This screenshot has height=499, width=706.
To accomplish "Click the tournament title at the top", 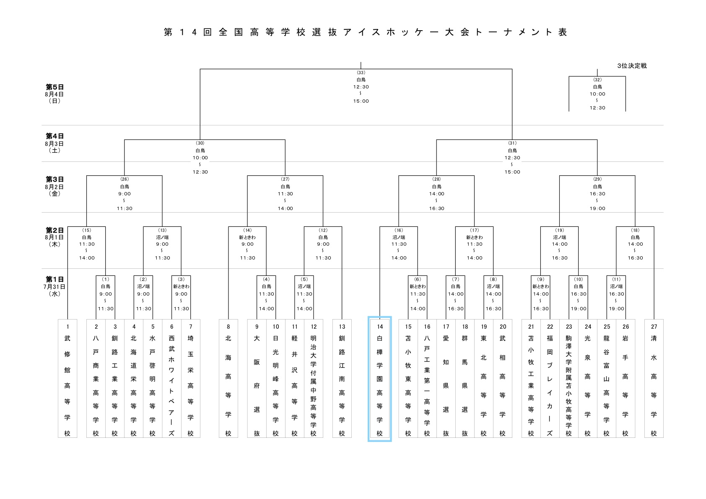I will pyautogui.click(x=365, y=33).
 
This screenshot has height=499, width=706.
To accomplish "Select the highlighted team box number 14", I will pyautogui.click(x=380, y=379).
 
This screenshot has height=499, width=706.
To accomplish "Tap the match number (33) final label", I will pyautogui.click(x=361, y=73).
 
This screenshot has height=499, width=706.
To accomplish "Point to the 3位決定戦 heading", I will pyautogui.click(x=631, y=66).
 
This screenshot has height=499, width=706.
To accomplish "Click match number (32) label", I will pyautogui.click(x=597, y=80).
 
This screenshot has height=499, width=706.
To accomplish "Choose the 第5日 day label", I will pyautogui.click(x=55, y=87).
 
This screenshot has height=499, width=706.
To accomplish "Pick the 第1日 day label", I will pyautogui.click(x=55, y=279).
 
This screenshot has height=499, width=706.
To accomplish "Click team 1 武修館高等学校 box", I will pyautogui.click(x=67, y=379).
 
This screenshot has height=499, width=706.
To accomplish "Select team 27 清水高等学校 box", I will pyautogui.click(x=654, y=379).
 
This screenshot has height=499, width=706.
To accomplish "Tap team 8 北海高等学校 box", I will pyautogui.click(x=228, y=379).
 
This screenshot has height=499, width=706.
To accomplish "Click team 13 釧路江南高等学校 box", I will pyautogui.click(x=342, y=379).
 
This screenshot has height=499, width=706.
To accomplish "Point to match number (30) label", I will pyautogui.click(x=200, y=143).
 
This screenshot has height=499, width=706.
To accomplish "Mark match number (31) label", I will pyautogui.click(x=512, y=143).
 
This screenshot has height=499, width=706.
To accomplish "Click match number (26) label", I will pyautogui.click(x=125, y=179).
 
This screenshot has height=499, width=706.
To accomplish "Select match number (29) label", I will pyautogui.click(x=597, y=179).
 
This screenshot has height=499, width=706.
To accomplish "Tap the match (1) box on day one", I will pyautogui.click(x=106, y=294).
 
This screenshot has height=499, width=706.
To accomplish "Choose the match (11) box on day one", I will pyautogui.click(x=616, y=294).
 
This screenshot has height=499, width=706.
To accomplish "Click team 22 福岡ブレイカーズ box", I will pyautogui.click(x=550, y=379).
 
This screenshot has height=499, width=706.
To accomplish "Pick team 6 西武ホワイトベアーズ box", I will pyautogui.click(x=171, y=379).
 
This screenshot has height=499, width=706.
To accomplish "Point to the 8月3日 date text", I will pyautogui.click(x=55, y=143).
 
